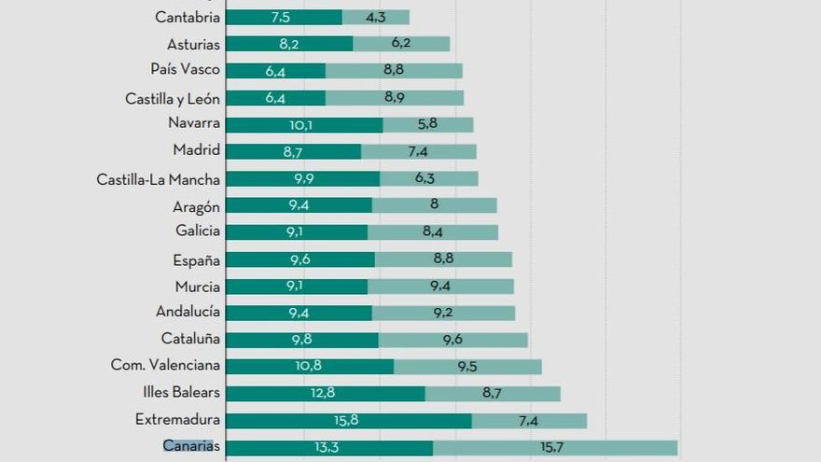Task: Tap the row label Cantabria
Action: point(188,17)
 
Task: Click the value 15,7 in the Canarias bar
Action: point(552,448)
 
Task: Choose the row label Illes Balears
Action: point(182,392)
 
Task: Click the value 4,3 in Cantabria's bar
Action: point(377,17)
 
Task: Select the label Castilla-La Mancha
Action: point(159,179)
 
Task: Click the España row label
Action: point(196,260)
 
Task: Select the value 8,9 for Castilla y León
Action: point(394,97)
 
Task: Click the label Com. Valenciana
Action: point(165,365)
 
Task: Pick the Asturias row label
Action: point(194,44)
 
